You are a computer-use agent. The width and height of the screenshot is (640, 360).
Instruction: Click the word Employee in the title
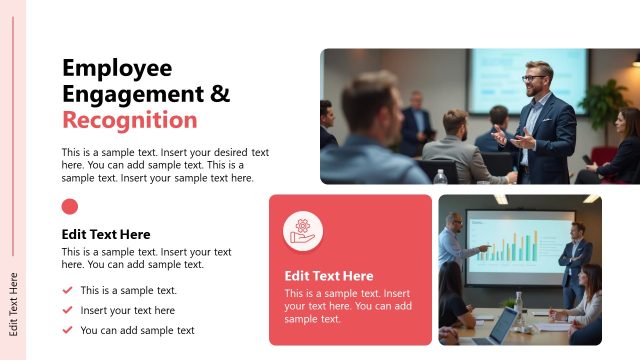pos(117,68)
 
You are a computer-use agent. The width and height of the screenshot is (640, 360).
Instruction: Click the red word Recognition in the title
pos(129,120)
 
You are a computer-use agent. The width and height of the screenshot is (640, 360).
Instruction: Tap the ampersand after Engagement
pos(220,94)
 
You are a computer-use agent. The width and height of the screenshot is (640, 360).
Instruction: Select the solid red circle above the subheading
pos(70,207)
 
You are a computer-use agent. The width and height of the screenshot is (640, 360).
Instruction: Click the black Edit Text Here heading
pos(106,234)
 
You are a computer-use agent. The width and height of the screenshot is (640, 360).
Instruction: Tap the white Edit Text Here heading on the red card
pos(329,276)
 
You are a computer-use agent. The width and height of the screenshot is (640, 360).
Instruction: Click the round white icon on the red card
pos(302,231)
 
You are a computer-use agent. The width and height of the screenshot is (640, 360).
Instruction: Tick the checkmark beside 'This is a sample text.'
pos(67,291)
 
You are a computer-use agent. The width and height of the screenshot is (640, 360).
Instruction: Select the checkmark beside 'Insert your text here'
pos(67,311)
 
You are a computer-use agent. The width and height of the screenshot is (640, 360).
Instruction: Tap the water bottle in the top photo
pos(440,176)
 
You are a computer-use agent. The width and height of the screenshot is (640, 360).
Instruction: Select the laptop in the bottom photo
pos(502,326)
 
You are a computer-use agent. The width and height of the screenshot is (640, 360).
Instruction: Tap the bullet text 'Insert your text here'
pos(127,311)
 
